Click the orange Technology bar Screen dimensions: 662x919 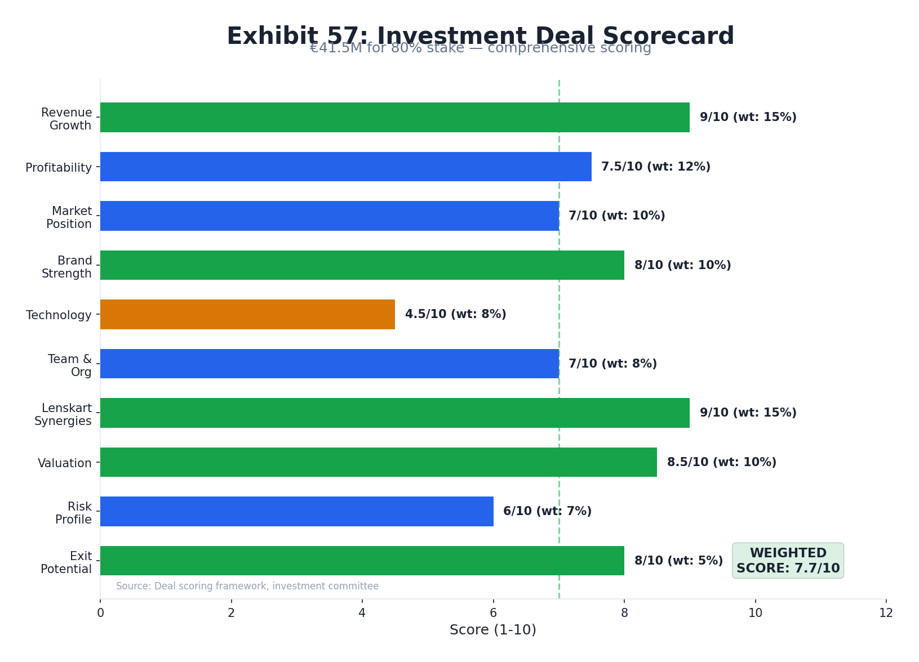pos(247,314)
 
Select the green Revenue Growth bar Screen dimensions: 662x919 pos(394,117)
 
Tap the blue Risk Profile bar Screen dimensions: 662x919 pos(296,511)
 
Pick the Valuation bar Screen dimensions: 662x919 pos(378,462)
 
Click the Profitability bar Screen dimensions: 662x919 pos(345,167)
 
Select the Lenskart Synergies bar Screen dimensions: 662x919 pos(394,413)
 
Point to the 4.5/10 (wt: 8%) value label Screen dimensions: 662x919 pos(455,314)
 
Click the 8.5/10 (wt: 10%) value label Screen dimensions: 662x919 pos(721,462)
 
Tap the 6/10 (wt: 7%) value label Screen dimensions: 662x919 pos(547,511)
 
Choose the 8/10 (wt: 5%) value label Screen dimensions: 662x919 pos(678,561)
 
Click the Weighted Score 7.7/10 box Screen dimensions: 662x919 pos(788,561)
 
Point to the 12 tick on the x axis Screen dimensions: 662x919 pos(886,613)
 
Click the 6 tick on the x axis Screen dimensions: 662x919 pos(493,613)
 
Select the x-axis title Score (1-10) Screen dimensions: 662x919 pos(492,630)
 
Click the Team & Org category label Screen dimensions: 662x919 pos(70,365)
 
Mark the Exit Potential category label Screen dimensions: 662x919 pos(66,562)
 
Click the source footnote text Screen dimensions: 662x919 pos(247,586)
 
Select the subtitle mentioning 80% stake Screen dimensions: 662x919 pos(480,48)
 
